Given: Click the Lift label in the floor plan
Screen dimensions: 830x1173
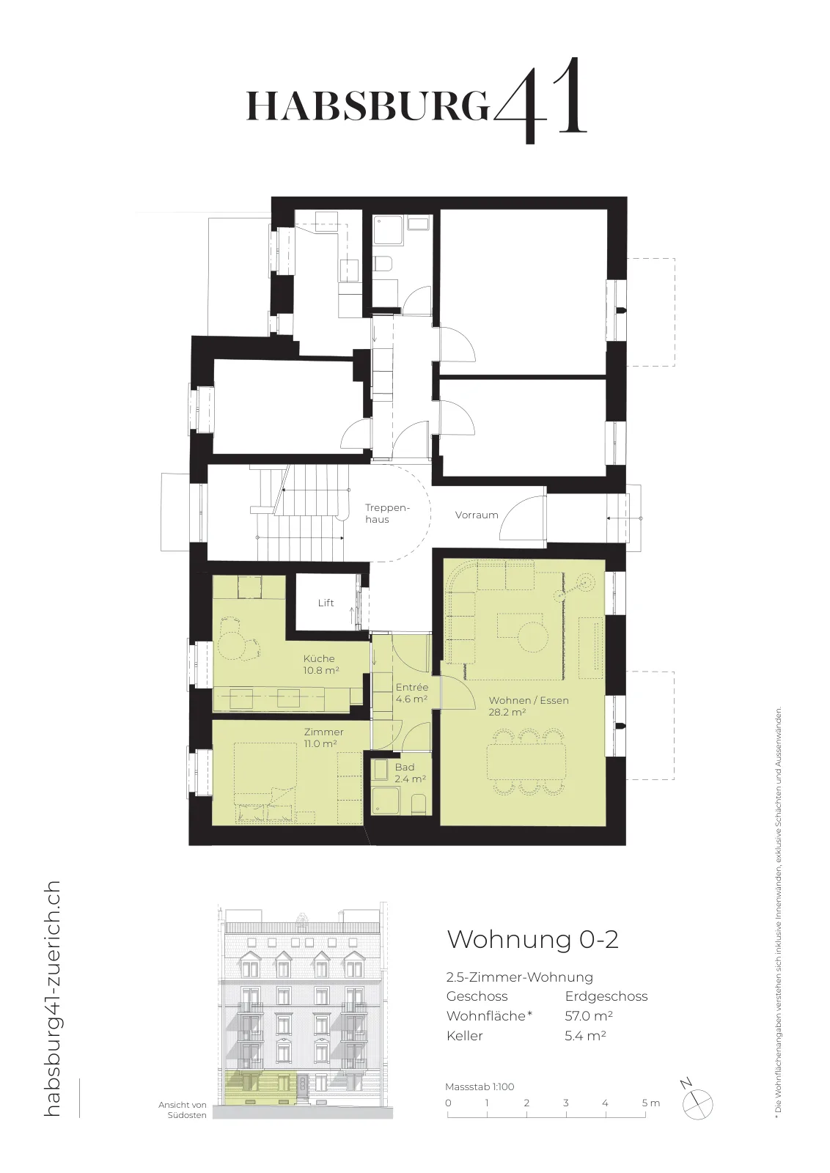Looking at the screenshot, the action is tap(326, 603).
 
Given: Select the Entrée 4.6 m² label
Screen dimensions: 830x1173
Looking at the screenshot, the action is tap(411, 693).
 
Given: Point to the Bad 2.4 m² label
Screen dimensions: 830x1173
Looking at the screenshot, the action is tap(410, 773).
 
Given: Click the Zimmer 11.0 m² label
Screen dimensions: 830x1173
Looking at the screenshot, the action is tap(323, 738).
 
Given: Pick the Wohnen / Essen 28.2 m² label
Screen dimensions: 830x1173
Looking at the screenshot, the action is tap(529, 706).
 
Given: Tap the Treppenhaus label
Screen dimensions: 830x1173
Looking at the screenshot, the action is tap(387, 513).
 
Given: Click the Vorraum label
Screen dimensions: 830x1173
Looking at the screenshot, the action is tap(477, 515).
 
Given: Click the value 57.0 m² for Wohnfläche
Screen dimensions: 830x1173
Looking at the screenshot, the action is tap(589, 1016).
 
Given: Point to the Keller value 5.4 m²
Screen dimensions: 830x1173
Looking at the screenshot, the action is tap(585, 1035).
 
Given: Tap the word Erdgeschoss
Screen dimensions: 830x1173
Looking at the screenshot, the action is tap(606, 996).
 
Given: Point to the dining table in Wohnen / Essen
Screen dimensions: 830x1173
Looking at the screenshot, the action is tap(526, 763).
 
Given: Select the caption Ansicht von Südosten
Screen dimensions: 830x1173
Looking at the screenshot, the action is tap(183, 1110).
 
